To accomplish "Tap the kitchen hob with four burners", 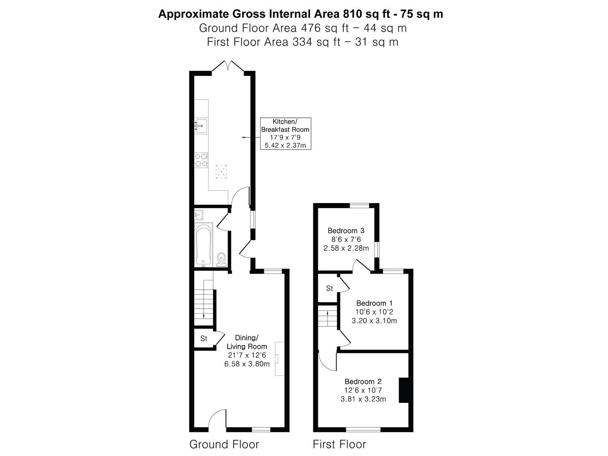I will coord(201,160).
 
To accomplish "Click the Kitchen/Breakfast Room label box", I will coord(285,133).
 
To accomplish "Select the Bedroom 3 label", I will coord(346,239).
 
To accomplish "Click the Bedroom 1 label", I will coord(374,312).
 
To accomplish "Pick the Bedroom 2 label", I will coord(363,390).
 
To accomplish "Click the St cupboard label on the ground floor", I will coord(204,339).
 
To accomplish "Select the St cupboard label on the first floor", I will coord(329,289).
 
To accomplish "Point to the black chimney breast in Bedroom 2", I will coord(404,391).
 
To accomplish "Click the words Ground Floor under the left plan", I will coord(224,444).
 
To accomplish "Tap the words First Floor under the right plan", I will coord(339,444).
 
